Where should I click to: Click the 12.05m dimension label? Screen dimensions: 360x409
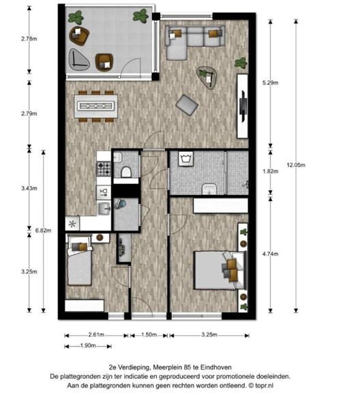tap(296, 165)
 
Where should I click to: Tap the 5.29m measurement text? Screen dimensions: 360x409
tap(270, 82)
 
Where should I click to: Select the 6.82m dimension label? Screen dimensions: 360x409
tap(44, 230)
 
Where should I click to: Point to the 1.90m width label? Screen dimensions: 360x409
tap(88, 346)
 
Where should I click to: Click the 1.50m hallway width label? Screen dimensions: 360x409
tap(149, 335)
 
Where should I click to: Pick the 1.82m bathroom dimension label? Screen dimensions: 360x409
tap(270, 171)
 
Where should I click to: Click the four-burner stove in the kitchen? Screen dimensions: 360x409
tap(104, 168)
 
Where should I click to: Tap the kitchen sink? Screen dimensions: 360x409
tap(104, 209)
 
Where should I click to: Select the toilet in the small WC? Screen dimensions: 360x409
tap(126, 172)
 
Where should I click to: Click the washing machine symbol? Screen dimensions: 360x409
tap(185, 158)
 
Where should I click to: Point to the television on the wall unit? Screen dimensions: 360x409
tap(243, 106)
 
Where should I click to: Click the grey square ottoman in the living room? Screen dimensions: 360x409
tap(187, 104)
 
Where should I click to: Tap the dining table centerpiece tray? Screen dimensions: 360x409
tap(95, 106)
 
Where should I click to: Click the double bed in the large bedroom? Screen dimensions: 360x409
tap(220, 270)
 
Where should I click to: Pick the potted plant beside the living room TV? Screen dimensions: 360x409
tap(241, 63)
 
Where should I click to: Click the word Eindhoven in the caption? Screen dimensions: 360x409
tap(215, 367)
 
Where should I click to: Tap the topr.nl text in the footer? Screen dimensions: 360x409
tap(265, 386)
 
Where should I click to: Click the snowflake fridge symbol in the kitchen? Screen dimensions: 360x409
tap(72, 224)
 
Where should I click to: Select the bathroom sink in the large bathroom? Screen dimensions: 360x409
tap(209, 189)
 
